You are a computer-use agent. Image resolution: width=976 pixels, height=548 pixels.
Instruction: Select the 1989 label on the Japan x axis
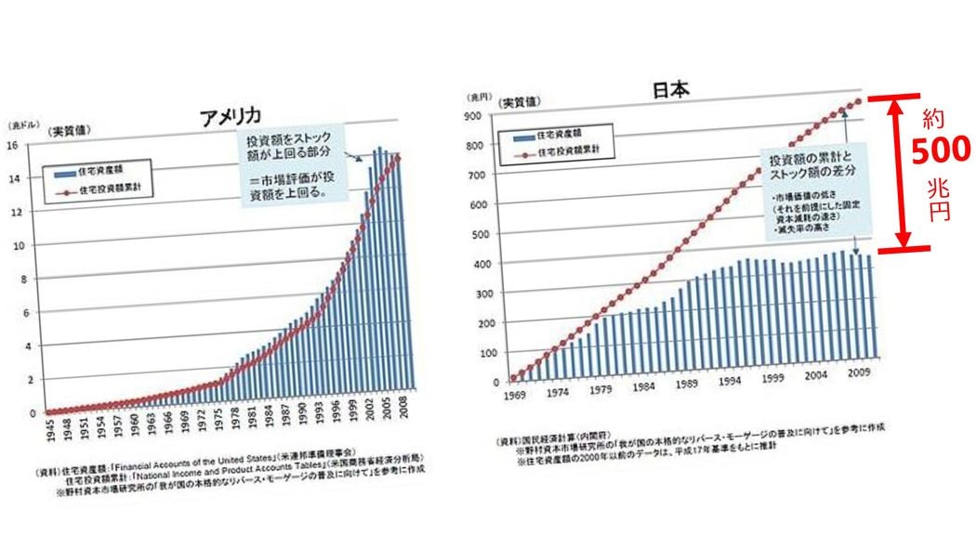(688, 385)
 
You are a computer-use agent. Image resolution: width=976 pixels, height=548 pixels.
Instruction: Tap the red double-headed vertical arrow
(896, 174)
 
